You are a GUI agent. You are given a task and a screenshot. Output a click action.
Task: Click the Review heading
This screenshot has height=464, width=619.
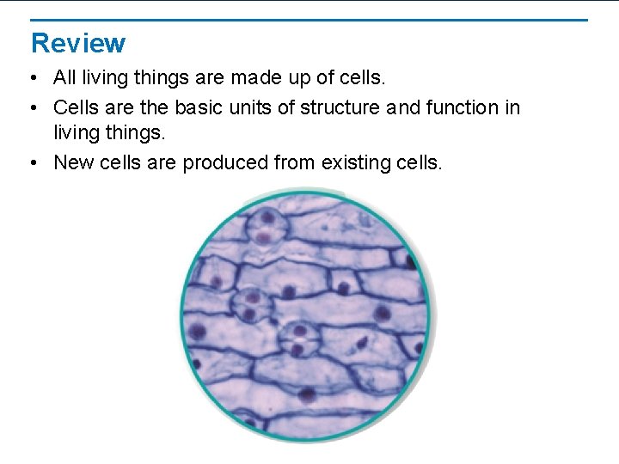(x=78, y=43)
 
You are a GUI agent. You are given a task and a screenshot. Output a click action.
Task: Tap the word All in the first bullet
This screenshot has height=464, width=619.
(x=64, y=78)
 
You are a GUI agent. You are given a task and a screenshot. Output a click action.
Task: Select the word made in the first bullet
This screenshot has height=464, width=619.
(x=256, y=78)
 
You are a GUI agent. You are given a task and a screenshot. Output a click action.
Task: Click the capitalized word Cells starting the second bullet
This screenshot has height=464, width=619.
(x=76, y=107)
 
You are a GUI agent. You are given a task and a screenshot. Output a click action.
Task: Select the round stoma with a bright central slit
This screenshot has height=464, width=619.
(x=297, y=339)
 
